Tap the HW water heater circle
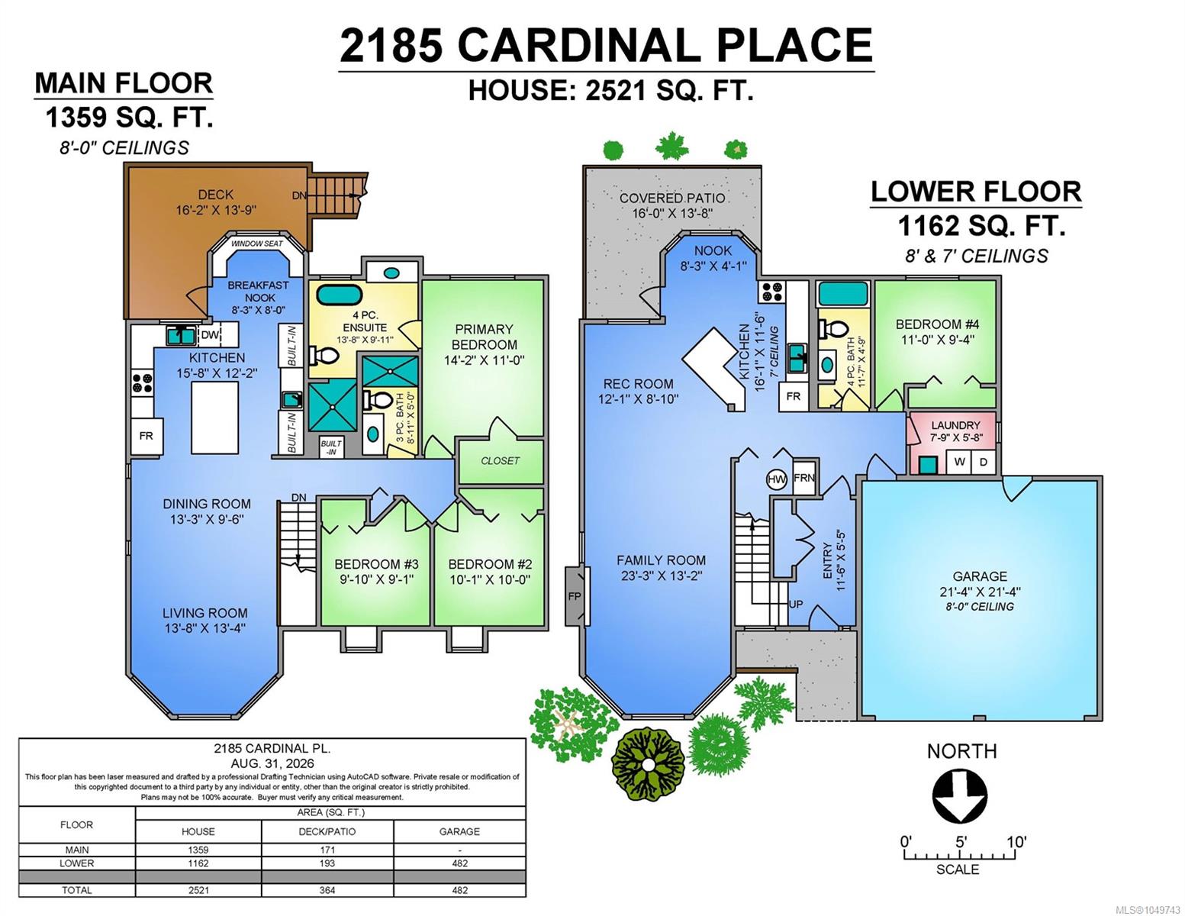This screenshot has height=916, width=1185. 776,479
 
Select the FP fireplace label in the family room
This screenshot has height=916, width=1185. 575,596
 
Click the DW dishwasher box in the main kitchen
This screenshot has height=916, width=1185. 210,335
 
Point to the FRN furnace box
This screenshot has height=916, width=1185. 804,478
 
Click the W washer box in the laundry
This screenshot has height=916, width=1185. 959,462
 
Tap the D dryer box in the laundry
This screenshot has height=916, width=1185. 984,462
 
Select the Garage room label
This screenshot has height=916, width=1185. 980,576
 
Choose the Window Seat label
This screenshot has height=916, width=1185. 257,244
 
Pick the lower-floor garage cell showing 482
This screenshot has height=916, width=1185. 459,863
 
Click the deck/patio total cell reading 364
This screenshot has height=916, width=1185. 327,890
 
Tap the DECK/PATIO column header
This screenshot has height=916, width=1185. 327,831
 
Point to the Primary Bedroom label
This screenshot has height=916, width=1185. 485,337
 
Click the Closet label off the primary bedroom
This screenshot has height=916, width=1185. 500,460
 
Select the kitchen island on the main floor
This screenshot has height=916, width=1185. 215,418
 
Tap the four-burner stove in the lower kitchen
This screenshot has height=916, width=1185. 771,292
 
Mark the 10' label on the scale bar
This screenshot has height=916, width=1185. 1016,842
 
